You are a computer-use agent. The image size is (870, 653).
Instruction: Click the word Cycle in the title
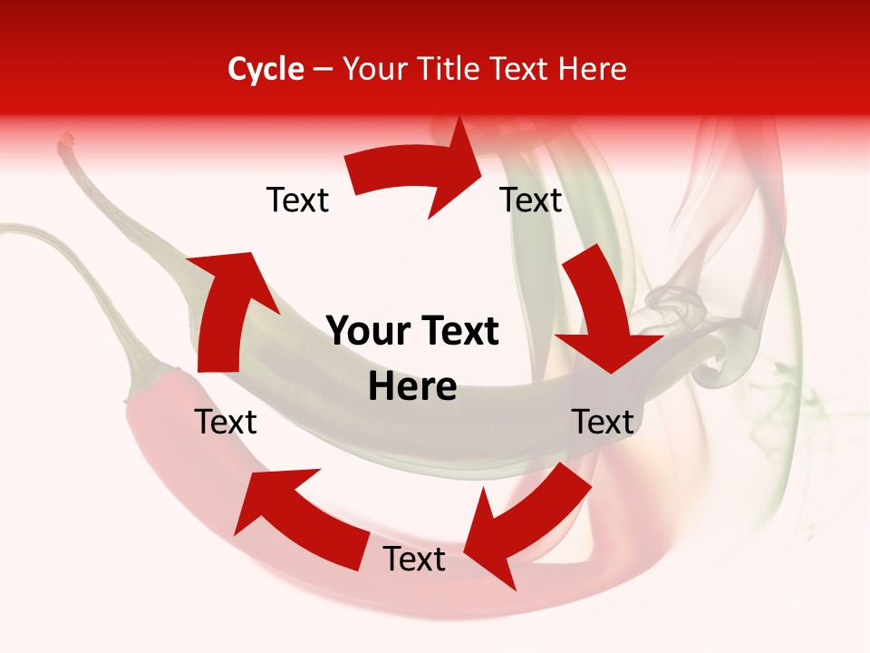266,69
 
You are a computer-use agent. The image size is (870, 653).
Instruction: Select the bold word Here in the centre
412,387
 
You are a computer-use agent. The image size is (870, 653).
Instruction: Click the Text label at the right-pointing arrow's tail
297,200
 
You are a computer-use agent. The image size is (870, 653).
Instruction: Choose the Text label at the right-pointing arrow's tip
531,200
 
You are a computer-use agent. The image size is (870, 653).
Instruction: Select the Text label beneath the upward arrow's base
226,422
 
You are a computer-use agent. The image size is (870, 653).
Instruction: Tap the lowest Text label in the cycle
414,560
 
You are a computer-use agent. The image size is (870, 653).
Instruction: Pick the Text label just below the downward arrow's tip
603,422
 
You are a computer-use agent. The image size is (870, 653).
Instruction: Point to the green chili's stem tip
66,141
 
